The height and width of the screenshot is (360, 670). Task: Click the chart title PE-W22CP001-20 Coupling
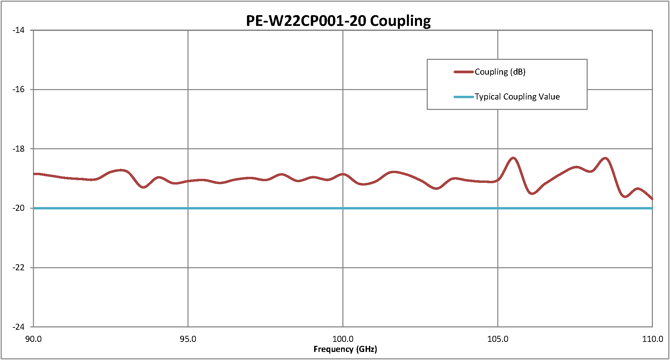[338, 21]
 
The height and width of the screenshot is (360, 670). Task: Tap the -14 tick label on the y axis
[19, 30]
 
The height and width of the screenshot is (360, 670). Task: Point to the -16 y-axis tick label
[19, 89]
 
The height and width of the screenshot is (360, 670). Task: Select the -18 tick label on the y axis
[19, 149]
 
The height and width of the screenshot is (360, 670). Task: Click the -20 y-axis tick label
[19, 208]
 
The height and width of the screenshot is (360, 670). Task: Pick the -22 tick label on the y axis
[19, 268]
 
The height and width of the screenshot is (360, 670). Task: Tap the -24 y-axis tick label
[19, 327]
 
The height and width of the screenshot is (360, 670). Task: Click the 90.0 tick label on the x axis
[34, 339]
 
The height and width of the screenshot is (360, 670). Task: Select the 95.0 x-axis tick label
[188, 339]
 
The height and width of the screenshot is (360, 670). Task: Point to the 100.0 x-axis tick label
[343, 339]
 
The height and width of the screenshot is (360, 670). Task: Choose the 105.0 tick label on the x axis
[498, 339]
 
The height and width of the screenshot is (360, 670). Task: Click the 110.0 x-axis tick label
[653, 339]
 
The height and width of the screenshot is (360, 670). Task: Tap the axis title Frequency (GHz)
[345, 349]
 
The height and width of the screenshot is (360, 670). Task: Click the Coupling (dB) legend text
[500, 72]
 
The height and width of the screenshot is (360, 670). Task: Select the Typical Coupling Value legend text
[517, 97]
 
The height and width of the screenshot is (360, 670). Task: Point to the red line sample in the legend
[464, 72]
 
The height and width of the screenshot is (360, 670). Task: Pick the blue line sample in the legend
[464, 97]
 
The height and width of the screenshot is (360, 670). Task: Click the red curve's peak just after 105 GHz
[513, 158]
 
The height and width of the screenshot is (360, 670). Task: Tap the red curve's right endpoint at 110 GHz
[652, 199]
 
